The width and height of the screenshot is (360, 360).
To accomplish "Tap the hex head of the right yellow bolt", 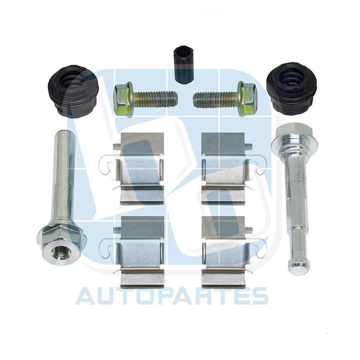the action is click(247, 99).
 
